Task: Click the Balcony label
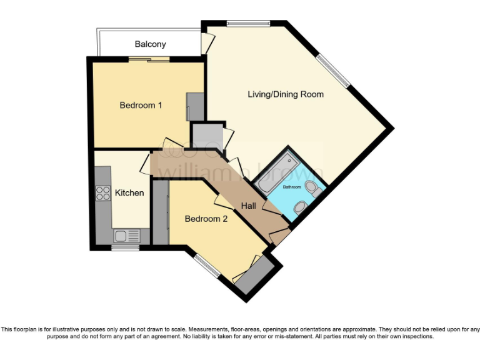pyautogui.click(x=151, y=44)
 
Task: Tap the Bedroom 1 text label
pyautogui.click(x=141, y=106)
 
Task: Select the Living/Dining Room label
pyautogui.click(x=286, y=94)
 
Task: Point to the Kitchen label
pyautogui.click(x=129, y=193)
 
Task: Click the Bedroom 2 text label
pyautogui.click(x=206, y=219)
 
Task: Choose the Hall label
pyautogui.click(x=248, y=206)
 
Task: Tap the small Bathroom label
pyautogui.click(x=292, y=187)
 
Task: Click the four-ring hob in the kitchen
pyautogui.click(x=103, y=193)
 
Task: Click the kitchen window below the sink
pyautogui.click(x=125, y=247)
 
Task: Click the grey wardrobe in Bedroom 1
pyautogui.click(x=195, y=106)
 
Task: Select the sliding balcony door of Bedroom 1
pyautogui.click(x=149, y=59)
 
